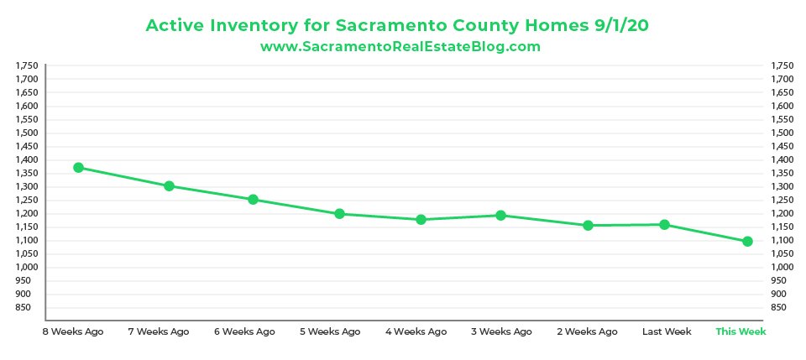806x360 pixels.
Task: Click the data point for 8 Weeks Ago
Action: (x=78, y=168)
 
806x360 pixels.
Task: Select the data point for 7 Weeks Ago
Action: (x=169, y=185)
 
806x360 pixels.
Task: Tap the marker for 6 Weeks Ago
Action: (x=252, y=200)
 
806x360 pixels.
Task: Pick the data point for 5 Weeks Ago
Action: (x=339, y=214)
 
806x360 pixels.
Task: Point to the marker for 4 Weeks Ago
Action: (x=421, y=220)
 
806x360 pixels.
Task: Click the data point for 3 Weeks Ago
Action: (x=500, y=216)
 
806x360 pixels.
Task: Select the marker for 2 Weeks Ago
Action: (x=588, y=225)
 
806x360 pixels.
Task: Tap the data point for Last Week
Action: (x=664, y=224)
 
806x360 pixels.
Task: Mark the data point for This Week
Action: (x=747, y=242)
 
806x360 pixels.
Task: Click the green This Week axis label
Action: (x=741, y=331)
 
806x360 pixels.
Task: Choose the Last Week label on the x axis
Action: (x=667, y=331)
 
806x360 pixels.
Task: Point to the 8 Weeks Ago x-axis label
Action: (x=73, y=331)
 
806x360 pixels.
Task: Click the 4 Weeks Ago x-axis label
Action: (x=416, y=331)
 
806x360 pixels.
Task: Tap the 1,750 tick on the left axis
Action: (x=27, y=65)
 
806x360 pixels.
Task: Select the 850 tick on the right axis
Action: (x=779, y=307)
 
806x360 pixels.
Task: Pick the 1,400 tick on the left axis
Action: (x=27, y=159)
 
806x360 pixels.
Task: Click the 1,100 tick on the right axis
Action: (x=781, y=240)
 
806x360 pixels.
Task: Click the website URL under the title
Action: (x=400, y=47)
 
